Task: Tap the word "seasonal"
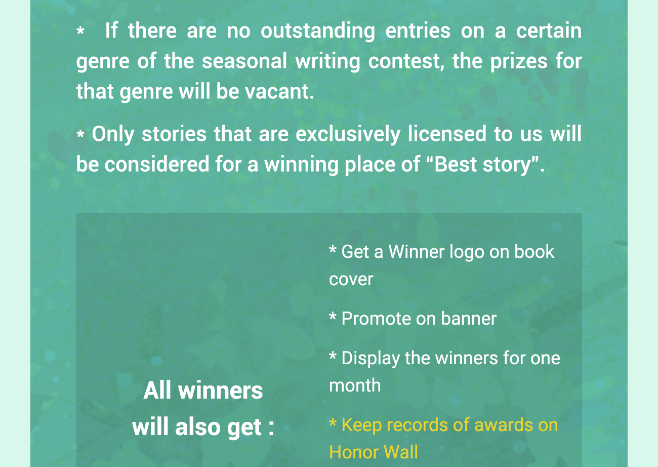(244, 61)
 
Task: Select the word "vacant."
(279, 91)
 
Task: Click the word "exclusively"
(348, 134)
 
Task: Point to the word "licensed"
(447, 134)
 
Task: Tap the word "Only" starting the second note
(113, 135)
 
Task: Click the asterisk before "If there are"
(80, 31)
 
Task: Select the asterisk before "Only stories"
(80, 134)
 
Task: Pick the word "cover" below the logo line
(351, 279)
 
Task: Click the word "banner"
(469, 319)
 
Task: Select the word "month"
(355, 385)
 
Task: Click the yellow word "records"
(419, 425)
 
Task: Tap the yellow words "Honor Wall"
(374, 452)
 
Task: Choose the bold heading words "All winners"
(203, 391)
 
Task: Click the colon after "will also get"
(271, 428)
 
